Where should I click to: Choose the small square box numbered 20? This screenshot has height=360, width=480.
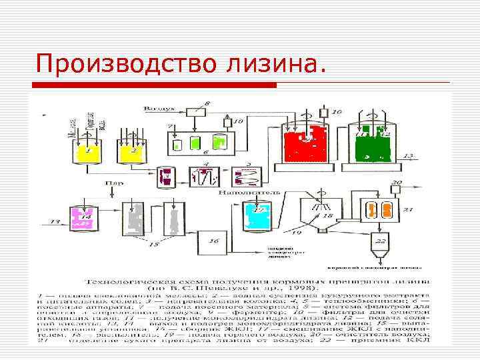pos(395,189)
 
